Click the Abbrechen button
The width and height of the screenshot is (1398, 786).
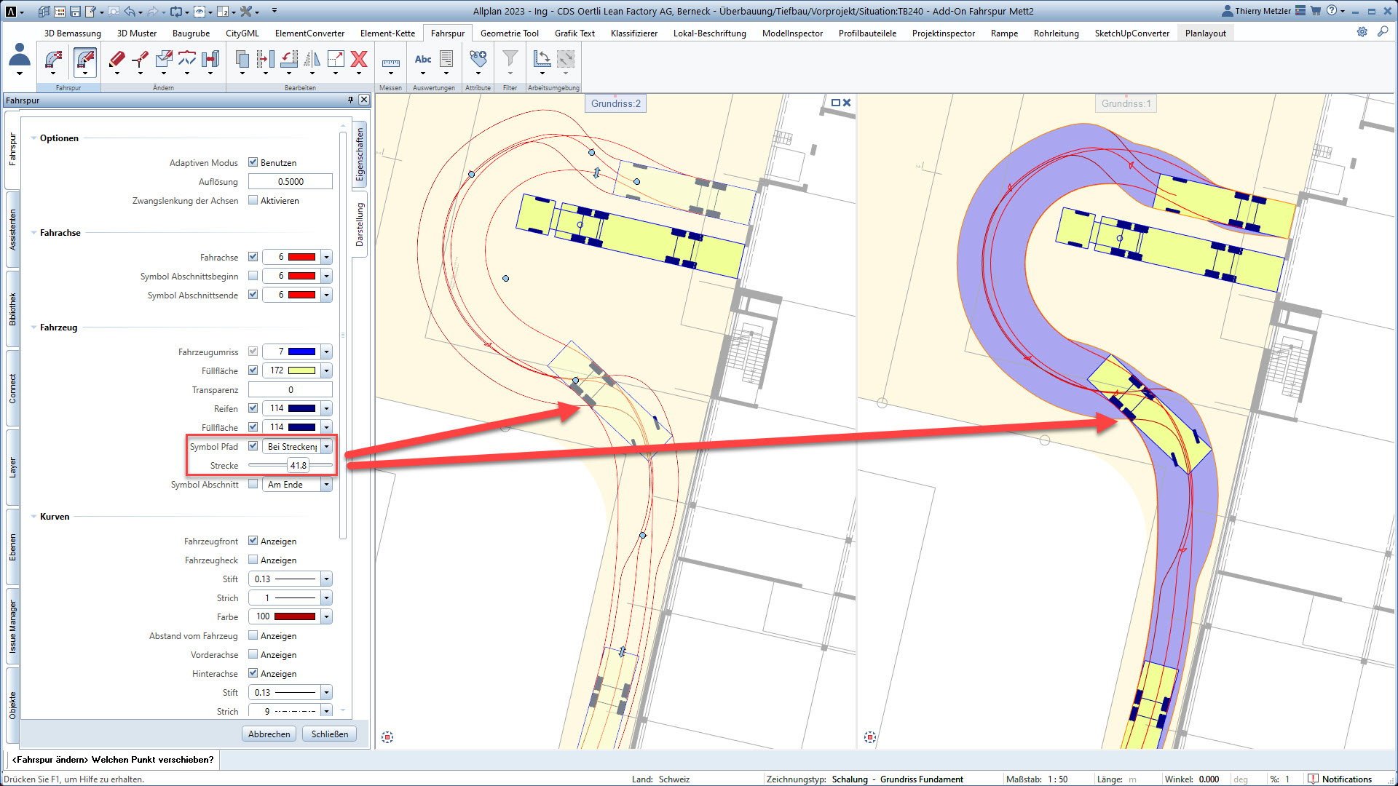click(269, 734)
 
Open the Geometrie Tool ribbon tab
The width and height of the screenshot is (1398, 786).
click(509, 33)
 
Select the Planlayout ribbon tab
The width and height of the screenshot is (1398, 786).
click(1205, 33)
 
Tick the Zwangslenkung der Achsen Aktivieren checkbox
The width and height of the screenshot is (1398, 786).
click(253, 200)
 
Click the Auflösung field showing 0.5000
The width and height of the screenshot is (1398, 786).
click(291, 181)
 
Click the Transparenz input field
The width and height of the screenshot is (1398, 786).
click(291, 389)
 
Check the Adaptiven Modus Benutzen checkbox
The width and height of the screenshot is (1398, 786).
click(253, 162)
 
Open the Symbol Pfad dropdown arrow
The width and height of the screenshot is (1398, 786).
click(326, 446)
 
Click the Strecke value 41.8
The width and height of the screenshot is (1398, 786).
click(298, 465)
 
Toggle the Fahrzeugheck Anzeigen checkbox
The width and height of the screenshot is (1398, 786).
click(253, 560)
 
